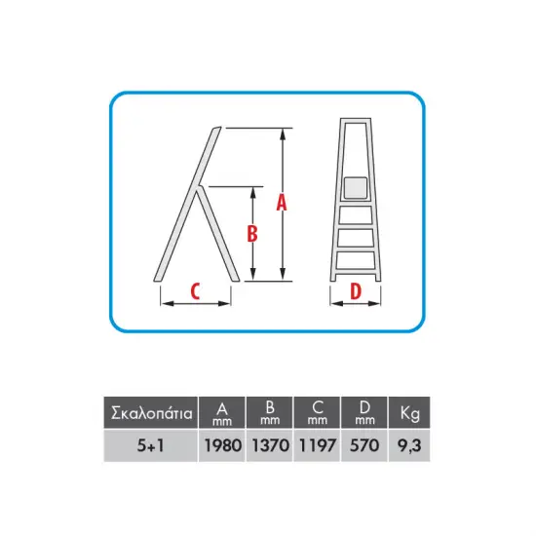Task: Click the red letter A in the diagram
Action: point(282,202)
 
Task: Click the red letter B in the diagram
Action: point(252,234)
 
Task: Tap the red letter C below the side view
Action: point(195,291)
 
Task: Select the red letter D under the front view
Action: point(356,291)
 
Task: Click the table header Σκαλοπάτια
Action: point(151,413)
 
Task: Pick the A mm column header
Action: point(222,413)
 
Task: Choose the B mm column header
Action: point(270,413)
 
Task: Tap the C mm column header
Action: point(318,413)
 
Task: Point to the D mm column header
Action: point(364,413)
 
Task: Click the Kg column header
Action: point(410,413)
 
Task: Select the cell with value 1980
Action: point(223,445)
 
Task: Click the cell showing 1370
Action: point(270,445)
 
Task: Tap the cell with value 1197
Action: point(318,445)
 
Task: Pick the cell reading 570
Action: point(364,445)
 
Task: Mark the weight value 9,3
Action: point(409,445)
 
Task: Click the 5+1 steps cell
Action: point(150,445)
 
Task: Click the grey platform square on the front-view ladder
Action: point(356,188)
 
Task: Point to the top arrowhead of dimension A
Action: point(283,134)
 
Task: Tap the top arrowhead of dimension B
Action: point(253,192)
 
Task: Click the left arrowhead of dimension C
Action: point(167,303)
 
